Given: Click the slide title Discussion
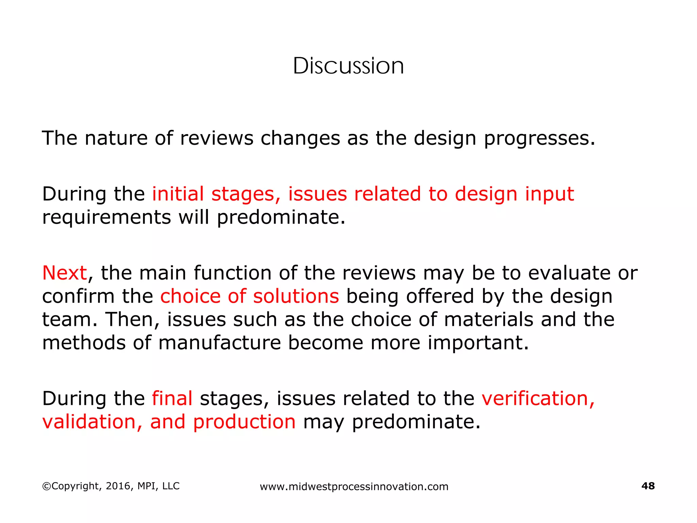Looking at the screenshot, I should (x=348, y=66).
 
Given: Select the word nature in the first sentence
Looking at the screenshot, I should (x=116, y=138).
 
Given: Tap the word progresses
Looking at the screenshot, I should (x=539, y=139).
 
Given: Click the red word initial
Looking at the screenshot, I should (x=178, y=194).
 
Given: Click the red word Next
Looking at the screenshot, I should (x=65, y=273).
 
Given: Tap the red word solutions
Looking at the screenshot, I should (x=296, y=296).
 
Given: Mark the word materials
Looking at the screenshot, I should (x=489, y=319).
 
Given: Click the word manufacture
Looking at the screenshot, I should (x=220, y=343).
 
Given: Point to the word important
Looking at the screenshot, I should (x=478, y=343).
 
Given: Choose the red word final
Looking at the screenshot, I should (x=172, y=398).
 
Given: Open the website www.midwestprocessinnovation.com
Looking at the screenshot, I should (x=354, y=487).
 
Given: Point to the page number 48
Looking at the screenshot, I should (x=648, y=486).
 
